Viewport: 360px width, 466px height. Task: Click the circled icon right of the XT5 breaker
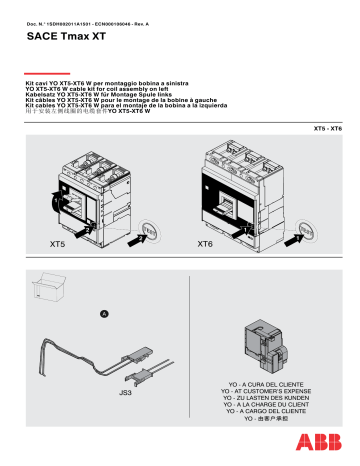click(x=150, y=228)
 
